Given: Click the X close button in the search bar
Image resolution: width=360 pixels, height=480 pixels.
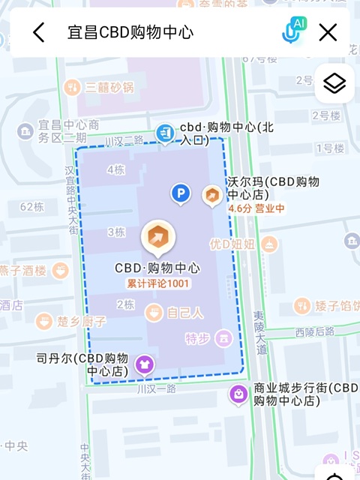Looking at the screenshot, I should (x=328, y=32).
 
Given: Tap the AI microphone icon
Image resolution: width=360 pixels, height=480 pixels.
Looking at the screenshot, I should (x=293, y=31).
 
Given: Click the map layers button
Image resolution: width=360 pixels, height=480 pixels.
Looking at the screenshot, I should (x=334, y=83).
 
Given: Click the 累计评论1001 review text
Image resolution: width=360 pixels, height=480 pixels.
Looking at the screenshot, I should (x=158, y=283).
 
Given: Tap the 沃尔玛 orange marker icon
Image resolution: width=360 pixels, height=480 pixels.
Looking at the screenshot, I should (x=213, y=196).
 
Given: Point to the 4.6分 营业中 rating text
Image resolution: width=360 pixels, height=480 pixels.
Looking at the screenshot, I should (x=256, y=208).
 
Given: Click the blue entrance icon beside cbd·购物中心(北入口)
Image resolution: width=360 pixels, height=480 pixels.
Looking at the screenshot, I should (x=164, y=133).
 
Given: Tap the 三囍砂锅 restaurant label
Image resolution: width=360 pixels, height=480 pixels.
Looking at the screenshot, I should (x=109, y=88).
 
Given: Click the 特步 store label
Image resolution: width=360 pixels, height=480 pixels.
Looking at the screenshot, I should (x=198, y=339).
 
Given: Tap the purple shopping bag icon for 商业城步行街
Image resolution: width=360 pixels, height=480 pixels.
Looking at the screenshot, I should (x=238, y=394).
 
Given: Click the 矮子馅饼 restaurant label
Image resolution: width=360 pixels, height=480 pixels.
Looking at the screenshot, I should (x=335, y=305).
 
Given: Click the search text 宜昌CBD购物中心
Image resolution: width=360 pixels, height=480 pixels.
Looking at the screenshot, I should (x=130, y=32).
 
